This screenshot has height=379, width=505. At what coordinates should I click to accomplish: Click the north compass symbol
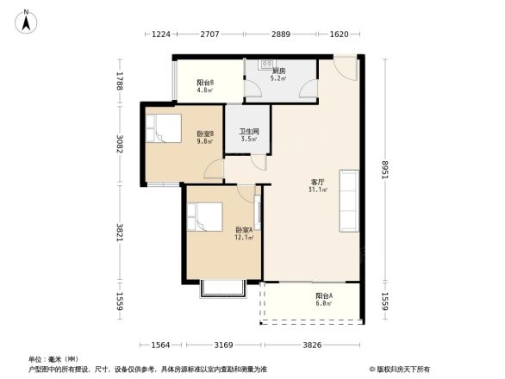tap(26, 22)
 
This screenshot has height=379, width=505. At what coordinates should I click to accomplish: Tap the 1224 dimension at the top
tap(161, 34)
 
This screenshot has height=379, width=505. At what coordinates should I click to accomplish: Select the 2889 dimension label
tap(281, 34)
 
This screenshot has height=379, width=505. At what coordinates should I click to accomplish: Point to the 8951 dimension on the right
tap(385, 170)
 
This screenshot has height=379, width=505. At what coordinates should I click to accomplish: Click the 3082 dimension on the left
tap(120, 144)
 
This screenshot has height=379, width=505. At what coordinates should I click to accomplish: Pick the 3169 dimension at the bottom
tap(224, 345)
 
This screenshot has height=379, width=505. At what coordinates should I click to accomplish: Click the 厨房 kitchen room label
tap(278, 71)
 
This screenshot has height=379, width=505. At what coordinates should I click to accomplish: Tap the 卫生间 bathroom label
tap(249, 132)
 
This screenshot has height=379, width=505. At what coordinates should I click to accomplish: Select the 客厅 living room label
tap(317, 183)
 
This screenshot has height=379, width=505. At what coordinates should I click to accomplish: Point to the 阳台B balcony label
tap(205, 83)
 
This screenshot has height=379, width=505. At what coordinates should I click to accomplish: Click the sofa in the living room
tap(349, 201)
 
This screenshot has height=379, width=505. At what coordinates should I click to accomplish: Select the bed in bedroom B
tap(163, 128)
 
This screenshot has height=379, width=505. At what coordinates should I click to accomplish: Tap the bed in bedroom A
tap(205, 217)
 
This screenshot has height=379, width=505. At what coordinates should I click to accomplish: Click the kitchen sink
tap(267, 64)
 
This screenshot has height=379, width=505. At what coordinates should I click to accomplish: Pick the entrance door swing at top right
tap(346, 68)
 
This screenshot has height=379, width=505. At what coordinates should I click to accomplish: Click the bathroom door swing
tap(259, 162)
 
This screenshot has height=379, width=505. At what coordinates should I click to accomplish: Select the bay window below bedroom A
tap(223, 289)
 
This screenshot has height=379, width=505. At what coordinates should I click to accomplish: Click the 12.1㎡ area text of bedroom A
tap(244, 238)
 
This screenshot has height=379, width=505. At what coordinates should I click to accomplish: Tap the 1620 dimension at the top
tap(340, 34)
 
